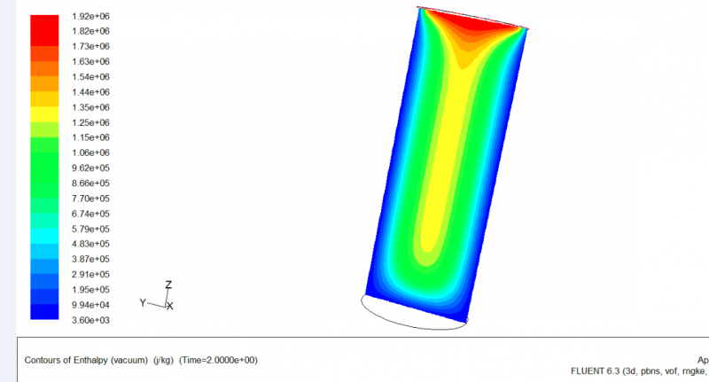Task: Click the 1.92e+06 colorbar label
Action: click(90, 16)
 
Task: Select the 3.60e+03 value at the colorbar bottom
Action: click(90, 320)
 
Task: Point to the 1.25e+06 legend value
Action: click(90, 122)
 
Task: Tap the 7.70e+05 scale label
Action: click(90, 199)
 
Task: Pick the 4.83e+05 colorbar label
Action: click(90, 244)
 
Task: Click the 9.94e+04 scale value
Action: click(90, 305)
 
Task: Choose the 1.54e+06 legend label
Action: click(90, 77)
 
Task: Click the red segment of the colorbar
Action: click(44, 30)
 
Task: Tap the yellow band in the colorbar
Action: click(44, 114)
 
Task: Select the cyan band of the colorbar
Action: click(44, 236)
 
